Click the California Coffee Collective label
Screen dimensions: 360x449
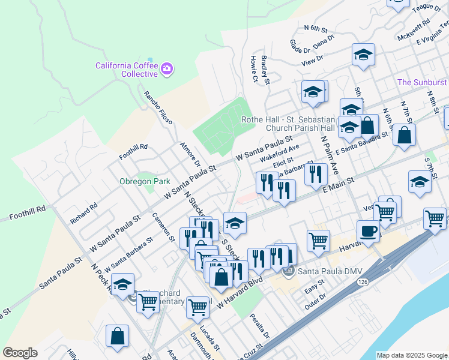coord(127,69)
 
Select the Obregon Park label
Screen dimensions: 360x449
coord(144,181)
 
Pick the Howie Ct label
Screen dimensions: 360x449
coord(254,69)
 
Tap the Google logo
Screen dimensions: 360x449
coord(20,353)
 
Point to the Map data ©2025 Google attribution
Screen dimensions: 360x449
coord(412,355)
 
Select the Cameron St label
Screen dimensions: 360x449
coord(163,229)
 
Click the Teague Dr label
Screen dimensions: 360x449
coord(427,8)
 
